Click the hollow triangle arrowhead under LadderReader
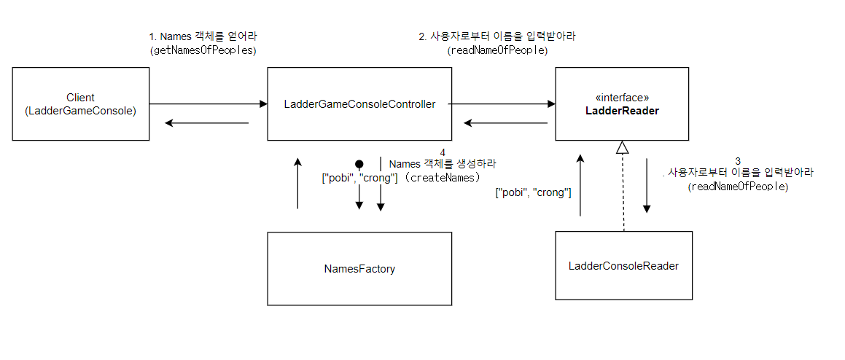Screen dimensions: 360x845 (x=622, y=147)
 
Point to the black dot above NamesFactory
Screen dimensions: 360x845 (x=359, y=164)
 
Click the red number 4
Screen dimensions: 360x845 (x=443, y=152)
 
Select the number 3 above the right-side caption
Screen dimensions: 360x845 (x=738, y=160)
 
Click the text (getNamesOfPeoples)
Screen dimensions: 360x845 (x=203, y=50)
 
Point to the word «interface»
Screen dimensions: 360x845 (x=622, y=97)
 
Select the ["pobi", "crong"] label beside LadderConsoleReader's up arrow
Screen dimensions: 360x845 (x=533, y=192)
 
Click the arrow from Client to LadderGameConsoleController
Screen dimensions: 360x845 (x=209, y=104)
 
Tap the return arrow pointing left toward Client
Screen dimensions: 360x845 (x=207, y=122)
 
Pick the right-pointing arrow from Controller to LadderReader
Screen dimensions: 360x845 (x=499, y=104)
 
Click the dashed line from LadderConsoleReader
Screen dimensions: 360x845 (x=623, y=193)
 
